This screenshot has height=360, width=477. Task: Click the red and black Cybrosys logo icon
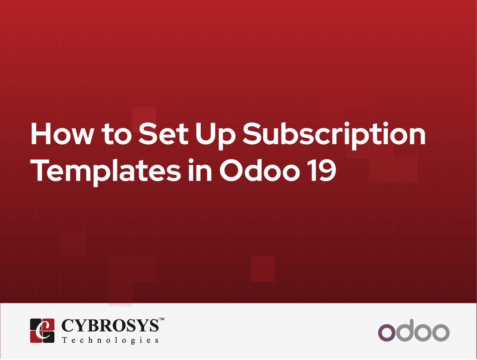pyautogui.click(x=42, y=331)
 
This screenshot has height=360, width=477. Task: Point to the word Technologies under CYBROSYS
pyautogui.click(x=110, y=340)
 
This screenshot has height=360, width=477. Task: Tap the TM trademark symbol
pyautogui.click(x=162, y=319)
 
